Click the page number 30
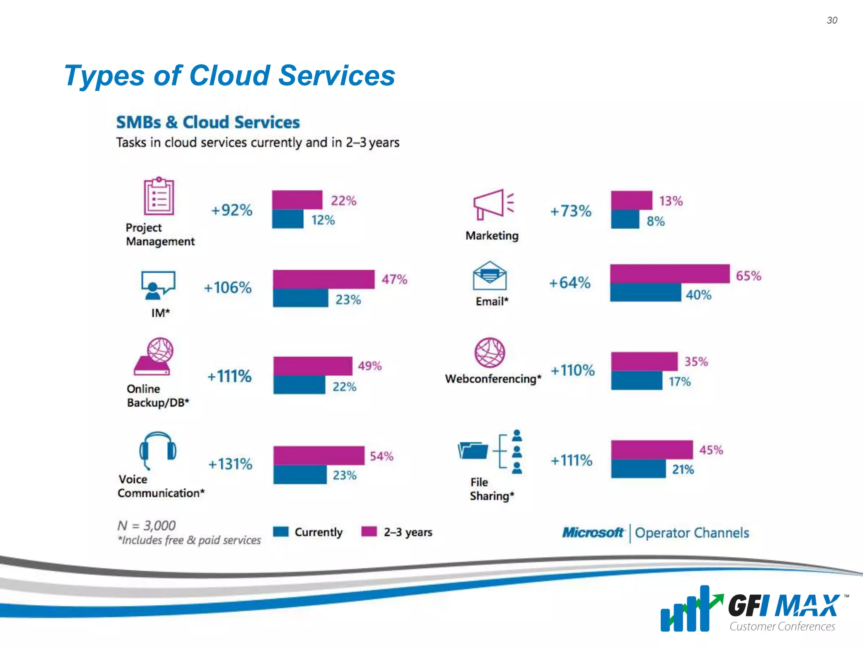[x=832, y=20]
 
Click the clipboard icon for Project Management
[x=158, y=196]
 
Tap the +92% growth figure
[x=231, y=210]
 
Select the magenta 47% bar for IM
[x=323, y=279]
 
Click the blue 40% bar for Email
[x=645, y=293]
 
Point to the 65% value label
[x=748, y=276]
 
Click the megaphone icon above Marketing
[x=492, y=204]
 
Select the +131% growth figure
[x=230, y=464]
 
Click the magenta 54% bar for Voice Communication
[x=319, y=456]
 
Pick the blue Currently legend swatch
[x=281, y=532]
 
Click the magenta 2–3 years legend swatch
[x=369, y=532]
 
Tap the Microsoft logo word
[x=592, y=533]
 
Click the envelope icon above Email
[x=489, y=276]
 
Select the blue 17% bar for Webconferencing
[x=636, y=381]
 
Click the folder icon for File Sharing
[x=473, y=451]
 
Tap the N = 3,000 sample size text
[x=146, y=525]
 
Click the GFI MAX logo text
[x=784, y=606]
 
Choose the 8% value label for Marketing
[x=655, y=221]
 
